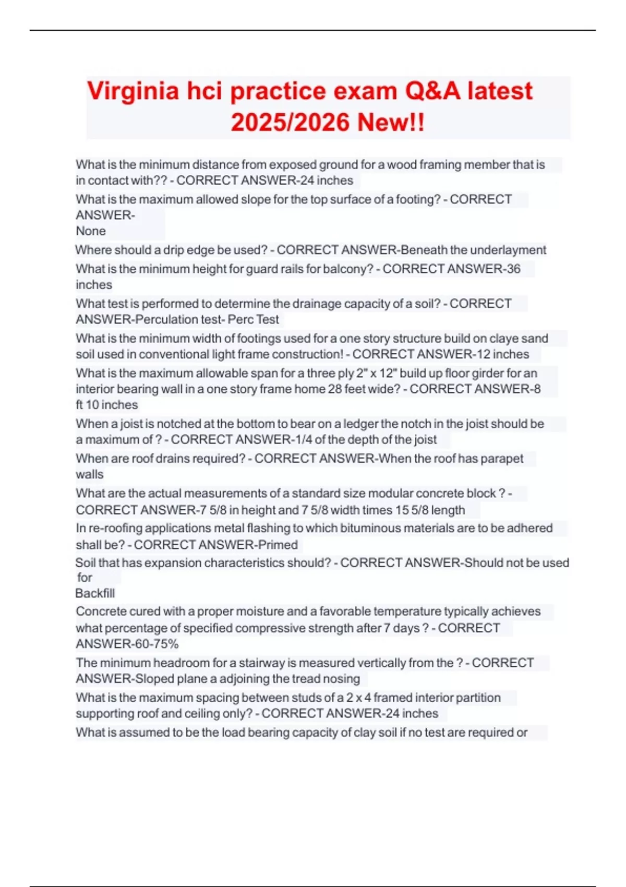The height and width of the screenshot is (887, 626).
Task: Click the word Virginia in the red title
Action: click(x=133, y=91)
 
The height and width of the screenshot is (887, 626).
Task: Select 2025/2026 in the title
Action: click(x=290, y=123)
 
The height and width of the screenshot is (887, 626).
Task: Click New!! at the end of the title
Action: click(x=391, y=123)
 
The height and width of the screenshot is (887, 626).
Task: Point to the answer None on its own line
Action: click(x=91, y=231)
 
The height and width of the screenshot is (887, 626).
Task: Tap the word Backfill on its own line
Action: click(x=95, y=593)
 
